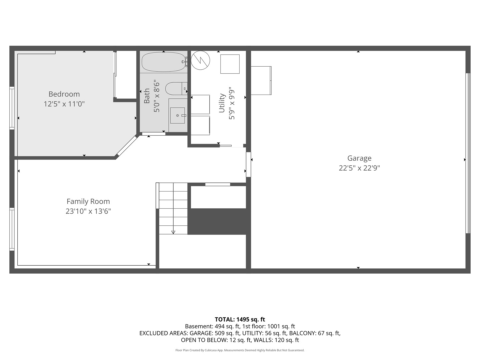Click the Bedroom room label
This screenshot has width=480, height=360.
(64, 94)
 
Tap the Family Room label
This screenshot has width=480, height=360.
(88, 201)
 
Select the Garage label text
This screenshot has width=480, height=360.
(359, 158)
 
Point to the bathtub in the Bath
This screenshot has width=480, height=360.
(163, 62)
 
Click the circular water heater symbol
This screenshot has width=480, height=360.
(201, 60)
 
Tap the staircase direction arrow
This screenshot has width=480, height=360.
(173, 232)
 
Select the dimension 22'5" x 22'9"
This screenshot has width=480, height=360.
(359, 168)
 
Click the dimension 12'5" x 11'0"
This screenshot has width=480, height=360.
(64, 104)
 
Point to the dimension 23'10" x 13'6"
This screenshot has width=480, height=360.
(88, 211)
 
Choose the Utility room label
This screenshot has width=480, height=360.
(222, 103)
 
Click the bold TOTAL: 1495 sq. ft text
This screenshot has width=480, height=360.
(240, 319)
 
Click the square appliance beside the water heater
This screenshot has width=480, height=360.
(230, 64)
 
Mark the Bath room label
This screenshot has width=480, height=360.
(147, 96)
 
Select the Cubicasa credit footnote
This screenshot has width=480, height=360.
(240, 350)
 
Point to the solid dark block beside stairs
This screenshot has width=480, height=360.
(219, 221)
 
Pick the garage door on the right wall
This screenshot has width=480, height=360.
(468, 153)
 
